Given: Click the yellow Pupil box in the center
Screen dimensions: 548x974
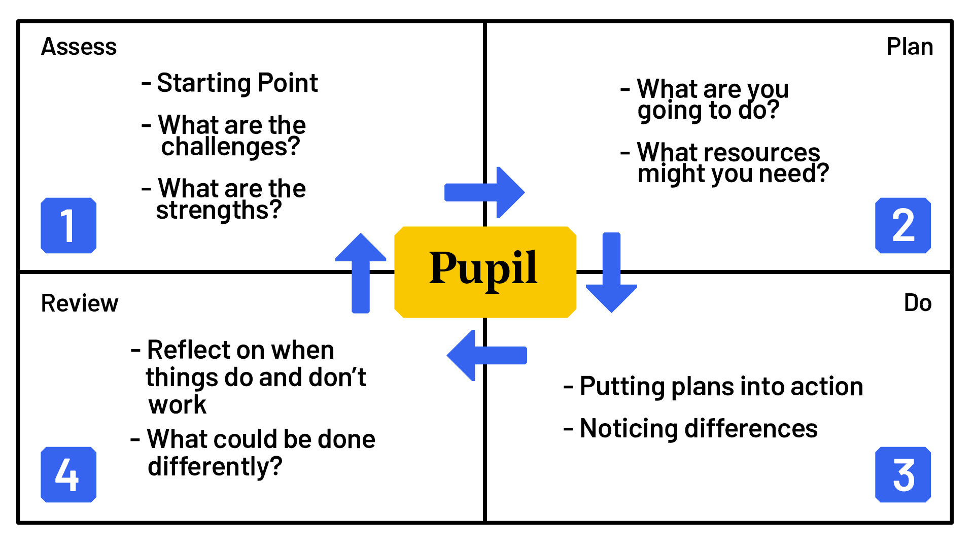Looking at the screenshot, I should [x=485, y=272].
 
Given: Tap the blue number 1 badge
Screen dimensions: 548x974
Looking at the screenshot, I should [x=68, y=225].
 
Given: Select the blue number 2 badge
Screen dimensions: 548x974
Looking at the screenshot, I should [x=902, y=225].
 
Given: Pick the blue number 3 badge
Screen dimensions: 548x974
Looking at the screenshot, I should [x=902, y=474].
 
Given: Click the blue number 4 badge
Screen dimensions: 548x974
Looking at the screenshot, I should [x=68, y=474].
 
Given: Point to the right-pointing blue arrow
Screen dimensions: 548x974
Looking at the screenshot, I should [x=484, y=192].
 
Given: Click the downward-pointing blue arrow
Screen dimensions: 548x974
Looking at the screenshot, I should [x=611, y=274].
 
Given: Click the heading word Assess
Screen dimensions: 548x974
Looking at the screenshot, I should [x=79, y=47].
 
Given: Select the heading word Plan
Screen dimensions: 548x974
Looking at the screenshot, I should [x=910, y=47].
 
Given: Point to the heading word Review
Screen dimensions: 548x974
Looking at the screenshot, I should [x=80, y=303].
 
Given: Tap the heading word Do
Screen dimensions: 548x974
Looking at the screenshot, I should [x=917, y=303].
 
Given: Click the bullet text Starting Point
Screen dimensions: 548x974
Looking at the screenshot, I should [x=237, y=83].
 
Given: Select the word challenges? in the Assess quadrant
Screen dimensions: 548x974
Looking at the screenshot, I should [x=230, y=147].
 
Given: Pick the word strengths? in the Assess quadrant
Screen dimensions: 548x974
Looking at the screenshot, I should [x=219, y=211].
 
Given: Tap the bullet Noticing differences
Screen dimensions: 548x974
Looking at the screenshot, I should [x=698, y=429].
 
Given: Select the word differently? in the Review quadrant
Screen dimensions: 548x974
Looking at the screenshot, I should [x=215, y=467].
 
